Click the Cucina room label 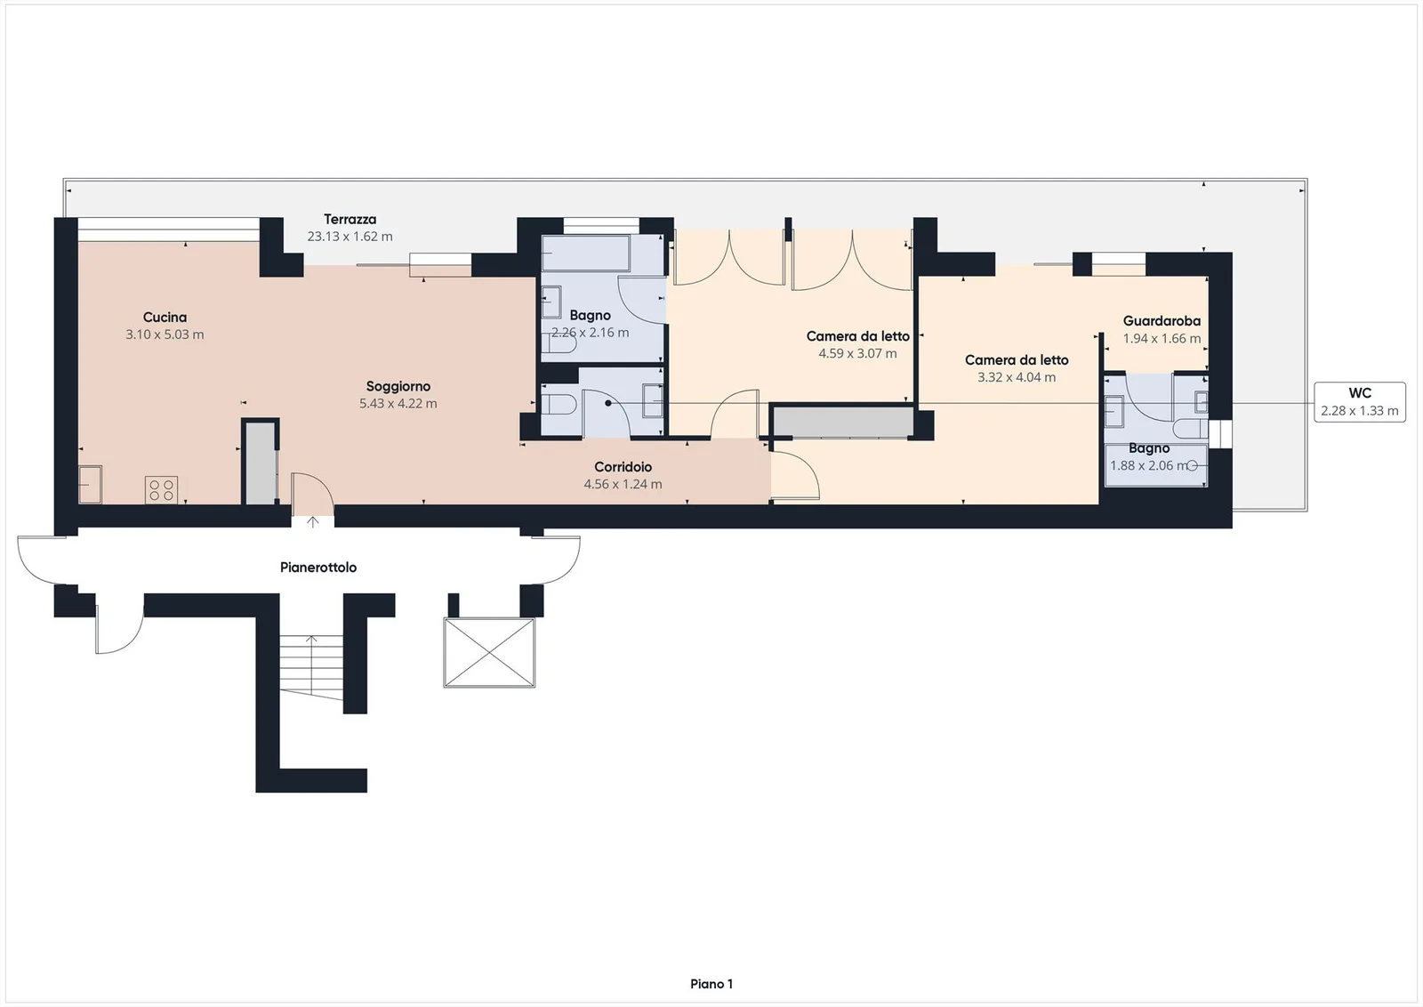[165, 317]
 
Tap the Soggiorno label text [398, 386]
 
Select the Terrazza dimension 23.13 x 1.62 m [350, 237]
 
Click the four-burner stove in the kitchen [161, 490]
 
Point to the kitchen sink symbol [90, 484]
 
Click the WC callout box [1360, 402]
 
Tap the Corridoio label [623, 467]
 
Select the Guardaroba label [1162, 321]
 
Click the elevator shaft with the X [489, 652]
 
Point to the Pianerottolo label [318, 568]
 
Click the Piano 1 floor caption [711, 984]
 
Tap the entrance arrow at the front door [312, 521]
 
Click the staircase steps [311, 666]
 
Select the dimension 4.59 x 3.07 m [857, 353]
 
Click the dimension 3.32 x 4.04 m [1017, 377]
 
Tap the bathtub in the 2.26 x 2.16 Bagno [586, 253]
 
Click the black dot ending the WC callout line [608, 403]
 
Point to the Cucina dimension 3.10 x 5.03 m [165, 334]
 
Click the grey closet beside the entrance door [261, 463]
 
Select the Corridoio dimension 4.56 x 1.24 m [623, 484]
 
